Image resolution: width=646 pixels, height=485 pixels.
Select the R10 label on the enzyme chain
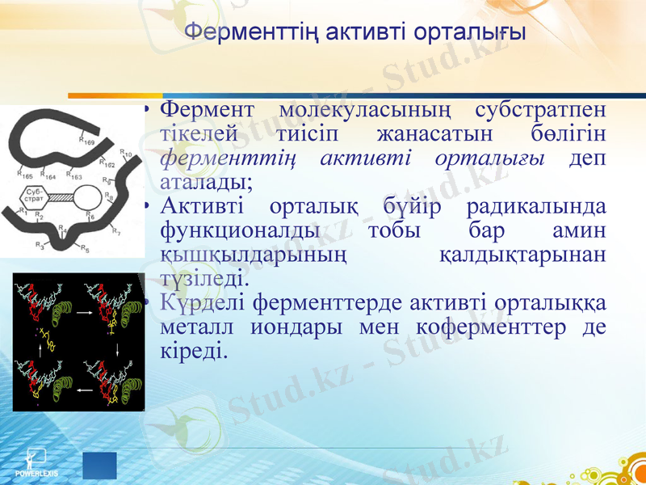(126, 154)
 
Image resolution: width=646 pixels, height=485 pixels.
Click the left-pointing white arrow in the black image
(84, 390)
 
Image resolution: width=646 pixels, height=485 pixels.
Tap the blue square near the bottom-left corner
(99, 466)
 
